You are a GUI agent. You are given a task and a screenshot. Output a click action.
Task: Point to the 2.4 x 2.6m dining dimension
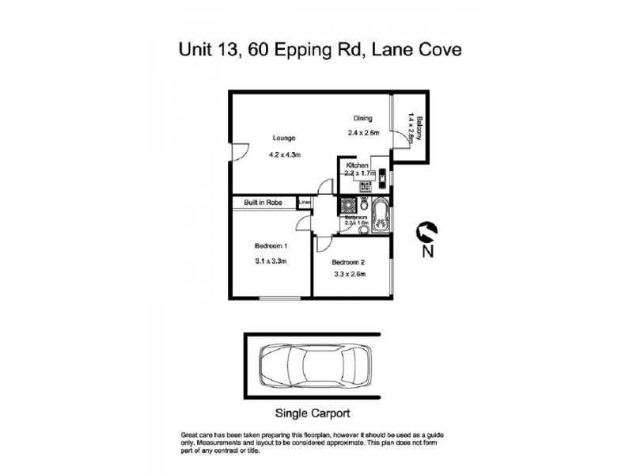point(364,133)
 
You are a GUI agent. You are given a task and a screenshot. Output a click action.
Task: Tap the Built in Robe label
point(263,203)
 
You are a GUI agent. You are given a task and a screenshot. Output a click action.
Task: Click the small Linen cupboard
point(305,203)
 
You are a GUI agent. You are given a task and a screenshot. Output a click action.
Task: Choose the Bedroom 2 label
point(347,262)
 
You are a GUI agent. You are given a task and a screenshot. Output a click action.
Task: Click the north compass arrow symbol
point(427,230)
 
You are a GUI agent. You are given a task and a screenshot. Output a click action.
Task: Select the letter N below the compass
point(427,253)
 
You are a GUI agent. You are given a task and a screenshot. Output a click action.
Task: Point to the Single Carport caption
point(313,413)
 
